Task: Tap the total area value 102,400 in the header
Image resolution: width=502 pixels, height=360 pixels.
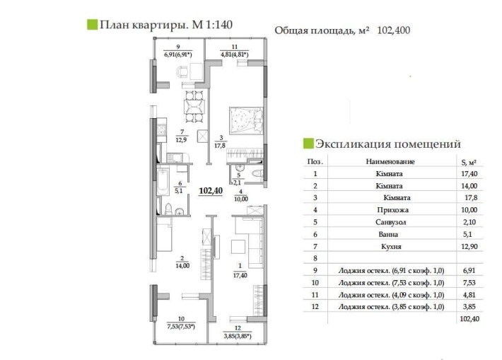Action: (394, 30)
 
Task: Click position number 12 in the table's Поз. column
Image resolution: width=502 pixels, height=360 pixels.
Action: (315, 306)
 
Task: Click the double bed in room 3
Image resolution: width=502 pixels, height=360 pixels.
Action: (245, 121)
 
